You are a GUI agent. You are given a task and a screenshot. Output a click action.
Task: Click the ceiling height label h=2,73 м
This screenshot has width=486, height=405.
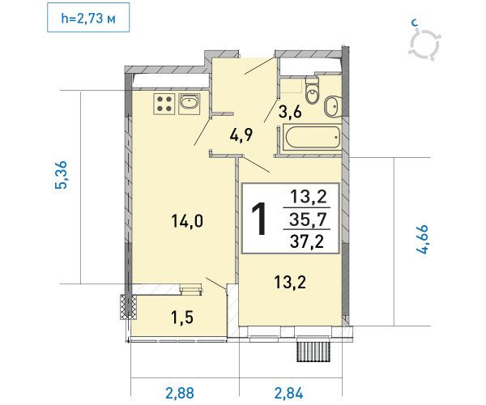pos(88,19)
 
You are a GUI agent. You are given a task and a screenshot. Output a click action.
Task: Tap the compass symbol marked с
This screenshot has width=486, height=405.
pos(424,44)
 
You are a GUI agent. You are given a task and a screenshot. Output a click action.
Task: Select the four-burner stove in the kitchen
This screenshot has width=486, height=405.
pos(164,104)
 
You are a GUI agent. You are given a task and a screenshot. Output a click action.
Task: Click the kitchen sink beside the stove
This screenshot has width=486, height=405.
pos(189,103)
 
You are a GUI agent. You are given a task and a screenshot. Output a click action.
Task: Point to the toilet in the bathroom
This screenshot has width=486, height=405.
pos(312,91)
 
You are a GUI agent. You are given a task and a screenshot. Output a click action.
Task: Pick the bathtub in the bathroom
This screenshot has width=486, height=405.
pos(312,137)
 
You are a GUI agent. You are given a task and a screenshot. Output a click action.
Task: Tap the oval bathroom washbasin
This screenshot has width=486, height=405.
pos(332,107)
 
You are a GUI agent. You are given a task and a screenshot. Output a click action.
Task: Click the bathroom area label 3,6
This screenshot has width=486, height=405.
pos(290,112)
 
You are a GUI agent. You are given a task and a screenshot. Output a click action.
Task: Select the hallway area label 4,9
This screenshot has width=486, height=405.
pos(241,134)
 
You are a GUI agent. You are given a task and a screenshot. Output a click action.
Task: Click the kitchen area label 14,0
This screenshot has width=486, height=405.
pos(187,221)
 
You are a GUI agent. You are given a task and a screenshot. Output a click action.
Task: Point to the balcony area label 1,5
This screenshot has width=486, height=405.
pos(182,318)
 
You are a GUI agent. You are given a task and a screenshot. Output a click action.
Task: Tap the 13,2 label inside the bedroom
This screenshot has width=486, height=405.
pos(290,283)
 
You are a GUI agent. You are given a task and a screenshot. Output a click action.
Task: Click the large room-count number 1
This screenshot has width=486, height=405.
pos(259,219)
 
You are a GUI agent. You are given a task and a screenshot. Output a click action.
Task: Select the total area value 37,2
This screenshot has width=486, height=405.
pos(307,241)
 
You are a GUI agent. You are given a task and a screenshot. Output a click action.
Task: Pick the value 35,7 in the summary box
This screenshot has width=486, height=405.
pos(308,220)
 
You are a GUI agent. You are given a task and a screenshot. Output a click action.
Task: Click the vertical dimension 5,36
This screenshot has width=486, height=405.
pos(61,175)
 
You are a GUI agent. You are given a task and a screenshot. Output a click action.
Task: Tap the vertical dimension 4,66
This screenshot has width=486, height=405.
pos(422,239)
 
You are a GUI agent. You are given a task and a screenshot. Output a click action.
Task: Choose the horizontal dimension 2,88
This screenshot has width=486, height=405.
pos(180,394)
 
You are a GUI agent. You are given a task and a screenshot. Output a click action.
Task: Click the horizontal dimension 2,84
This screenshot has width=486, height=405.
pos(288,394)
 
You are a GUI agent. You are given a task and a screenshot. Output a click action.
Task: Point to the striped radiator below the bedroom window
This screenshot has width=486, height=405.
pos(313,352)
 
